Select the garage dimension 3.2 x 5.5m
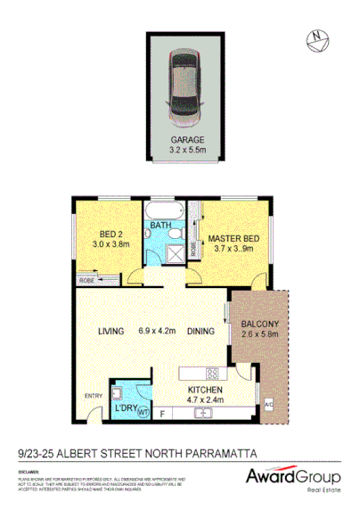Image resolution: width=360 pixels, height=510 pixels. pyautogui.click(x=187, y=150)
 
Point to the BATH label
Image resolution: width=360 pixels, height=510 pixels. pyautogui.click(x=162, y=226)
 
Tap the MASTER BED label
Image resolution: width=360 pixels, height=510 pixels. pyautogui.click(x=233, y=239)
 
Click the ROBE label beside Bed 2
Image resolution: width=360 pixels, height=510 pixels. pyautogui.click(x=86, y=279)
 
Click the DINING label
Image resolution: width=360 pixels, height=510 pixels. pyautogui.click(x=201, y=332)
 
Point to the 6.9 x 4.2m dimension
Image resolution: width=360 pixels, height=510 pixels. pyautogui.click(x=158, y=332)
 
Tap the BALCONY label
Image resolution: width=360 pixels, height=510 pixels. pyautogui.click(x=260, y=324)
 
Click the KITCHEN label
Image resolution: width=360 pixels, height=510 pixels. pyautogui.click(x=204, y=390)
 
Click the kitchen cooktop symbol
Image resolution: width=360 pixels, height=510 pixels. pyautogui.click(x=214, y=373)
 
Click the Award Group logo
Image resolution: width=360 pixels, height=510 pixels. pyautogui.click(x=293, y=479)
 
